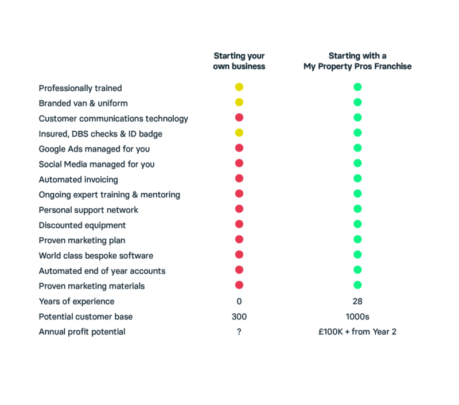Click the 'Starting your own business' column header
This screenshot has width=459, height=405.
[x=239, y=61]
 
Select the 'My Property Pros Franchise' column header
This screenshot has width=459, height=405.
[x=357, y=61]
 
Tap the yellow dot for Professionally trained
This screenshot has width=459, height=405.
[x=239, y=87]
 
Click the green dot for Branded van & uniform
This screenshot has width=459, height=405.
[x=357, y=103]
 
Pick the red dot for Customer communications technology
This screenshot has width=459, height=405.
[x=239, y=118]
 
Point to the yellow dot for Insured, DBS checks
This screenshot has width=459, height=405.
[x=239, y=133]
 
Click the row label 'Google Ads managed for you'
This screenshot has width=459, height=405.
[x=95, y=149]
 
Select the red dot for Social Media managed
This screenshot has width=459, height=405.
[x=239, y=163]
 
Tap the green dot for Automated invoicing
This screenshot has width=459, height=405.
[x=357, y=178]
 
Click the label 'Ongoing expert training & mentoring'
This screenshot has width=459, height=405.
[x=109, y=194]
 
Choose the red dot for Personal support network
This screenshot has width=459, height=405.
[x=239, y=209]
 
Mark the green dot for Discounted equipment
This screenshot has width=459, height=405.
[x=357, y=224]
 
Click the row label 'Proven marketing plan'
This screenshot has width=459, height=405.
[x=82, y=240]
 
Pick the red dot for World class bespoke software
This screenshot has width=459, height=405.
[x=239, y=255]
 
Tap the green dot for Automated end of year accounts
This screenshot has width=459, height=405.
[x=357, y=270]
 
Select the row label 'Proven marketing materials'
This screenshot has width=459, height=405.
[x=92, y=286]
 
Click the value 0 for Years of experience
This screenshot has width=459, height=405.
[x=239, y=301]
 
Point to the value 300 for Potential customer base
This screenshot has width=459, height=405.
[x=239, y=317]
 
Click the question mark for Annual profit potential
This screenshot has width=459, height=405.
[x=239, y=332]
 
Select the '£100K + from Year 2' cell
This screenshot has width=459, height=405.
[x=357, y=332]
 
